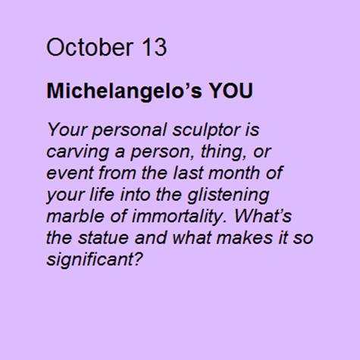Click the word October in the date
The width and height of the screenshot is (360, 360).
coord(89,47)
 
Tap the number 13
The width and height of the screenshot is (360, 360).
coord(154,47)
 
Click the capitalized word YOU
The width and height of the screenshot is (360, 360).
coord(230,90)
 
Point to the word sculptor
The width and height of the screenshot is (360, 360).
coord(206,131)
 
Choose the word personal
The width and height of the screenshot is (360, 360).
coord(129,131)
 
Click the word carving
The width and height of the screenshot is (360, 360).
coord(77,152)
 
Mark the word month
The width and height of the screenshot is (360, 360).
coord(234,173)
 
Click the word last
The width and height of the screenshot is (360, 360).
coord(188,173)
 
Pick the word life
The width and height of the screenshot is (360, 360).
coord(102,194)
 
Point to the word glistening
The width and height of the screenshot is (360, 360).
coord(228,196)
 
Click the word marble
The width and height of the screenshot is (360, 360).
coord(75,216)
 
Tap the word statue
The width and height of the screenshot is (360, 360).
coord(103,238)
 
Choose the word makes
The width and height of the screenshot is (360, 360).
coord(245,238)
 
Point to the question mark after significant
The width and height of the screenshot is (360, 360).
coord(139,259)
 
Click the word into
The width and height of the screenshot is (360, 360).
coord(135,194)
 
